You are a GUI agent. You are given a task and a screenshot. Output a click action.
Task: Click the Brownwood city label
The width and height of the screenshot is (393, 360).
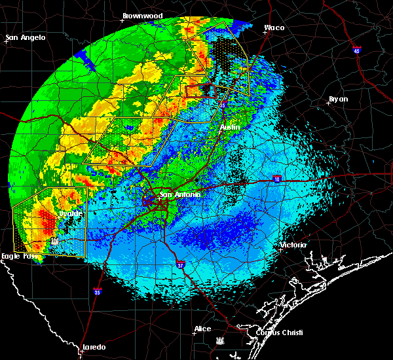[x=142, y=14]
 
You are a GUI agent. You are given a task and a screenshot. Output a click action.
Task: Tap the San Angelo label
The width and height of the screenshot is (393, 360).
[x=27, y=37]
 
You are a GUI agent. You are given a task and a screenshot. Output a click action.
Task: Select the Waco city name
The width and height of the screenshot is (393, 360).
[x=274, y=28]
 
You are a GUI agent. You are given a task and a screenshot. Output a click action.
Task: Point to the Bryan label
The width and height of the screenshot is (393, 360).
[x=338, y=99]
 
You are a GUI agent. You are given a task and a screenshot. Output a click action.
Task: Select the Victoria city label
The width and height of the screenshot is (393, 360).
[x=292, y=245]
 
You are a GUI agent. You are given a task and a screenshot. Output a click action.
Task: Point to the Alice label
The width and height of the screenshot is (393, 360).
[x=202, y=329]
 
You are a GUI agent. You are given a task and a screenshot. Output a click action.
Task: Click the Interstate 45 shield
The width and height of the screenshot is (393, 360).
[x=357, y=50]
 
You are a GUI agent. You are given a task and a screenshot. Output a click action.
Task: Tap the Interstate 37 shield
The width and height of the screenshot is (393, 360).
[x=180, y=264]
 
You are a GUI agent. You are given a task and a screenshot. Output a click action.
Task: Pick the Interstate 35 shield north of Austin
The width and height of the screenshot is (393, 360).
[x=223, y=105]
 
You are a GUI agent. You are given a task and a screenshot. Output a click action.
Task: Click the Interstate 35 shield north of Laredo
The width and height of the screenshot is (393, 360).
[x=97, y=292]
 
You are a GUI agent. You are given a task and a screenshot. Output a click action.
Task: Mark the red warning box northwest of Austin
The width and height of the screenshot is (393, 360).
[x=200, y=92]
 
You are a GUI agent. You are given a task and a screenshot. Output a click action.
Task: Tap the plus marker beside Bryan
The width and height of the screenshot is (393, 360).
[x=329, y=103]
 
